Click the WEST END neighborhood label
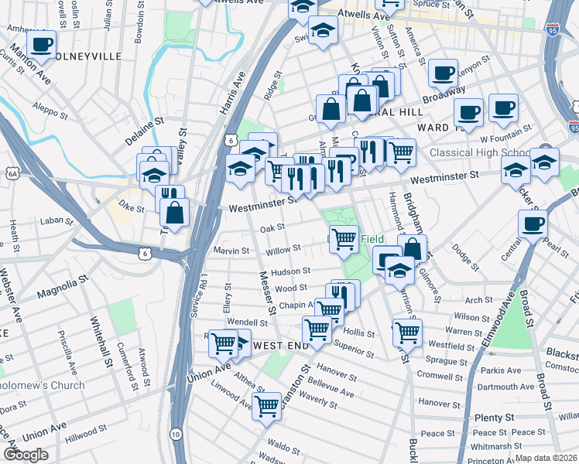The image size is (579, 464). (281, 345)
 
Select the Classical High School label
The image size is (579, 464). (480, 153)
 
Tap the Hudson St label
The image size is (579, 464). (290, 271)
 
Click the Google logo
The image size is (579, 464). (26, 455)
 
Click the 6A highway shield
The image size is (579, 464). (12, 175)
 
